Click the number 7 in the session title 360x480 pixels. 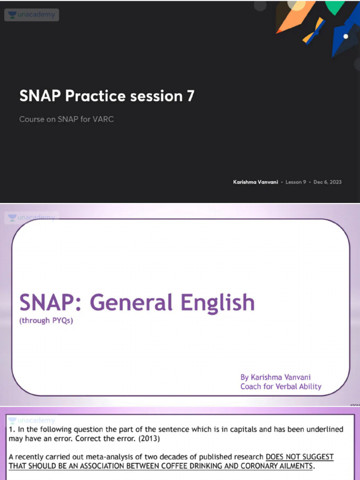point(190,96)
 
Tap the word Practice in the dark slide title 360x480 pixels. point(96,96)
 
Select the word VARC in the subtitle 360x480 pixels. point(103,119)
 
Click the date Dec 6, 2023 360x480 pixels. point(328,182)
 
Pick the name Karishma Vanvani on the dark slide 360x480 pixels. point(255,182)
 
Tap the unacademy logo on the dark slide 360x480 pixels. point(31,15)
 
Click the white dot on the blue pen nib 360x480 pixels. point(346,36)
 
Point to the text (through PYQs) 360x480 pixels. point(46,322)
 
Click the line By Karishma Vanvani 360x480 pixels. point(276,377)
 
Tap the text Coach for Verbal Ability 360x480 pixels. point(281,386)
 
